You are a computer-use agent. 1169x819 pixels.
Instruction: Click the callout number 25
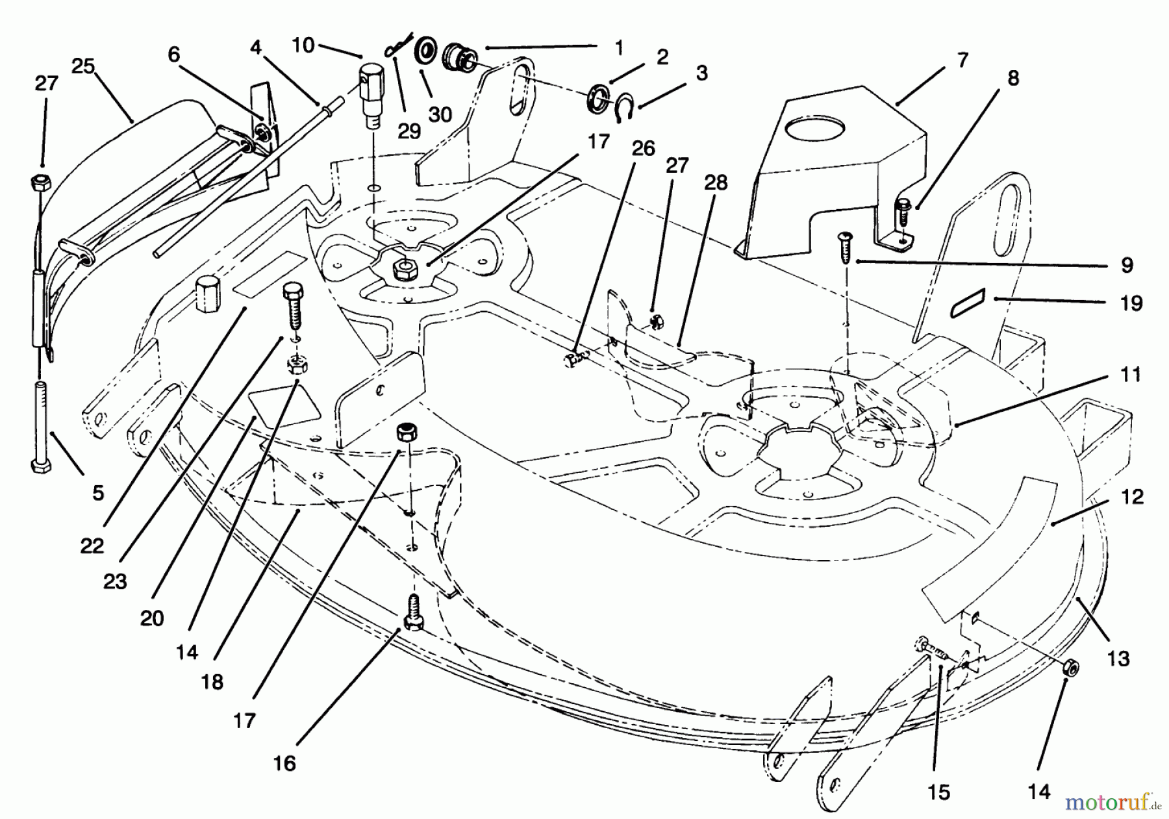click(82, 66)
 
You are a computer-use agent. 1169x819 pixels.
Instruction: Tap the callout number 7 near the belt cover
click(962, 60)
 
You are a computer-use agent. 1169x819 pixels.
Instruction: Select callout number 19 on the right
click(1131, 303)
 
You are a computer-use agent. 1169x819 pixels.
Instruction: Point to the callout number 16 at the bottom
click(284, 762)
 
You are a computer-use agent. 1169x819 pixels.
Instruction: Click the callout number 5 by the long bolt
click(98, 492)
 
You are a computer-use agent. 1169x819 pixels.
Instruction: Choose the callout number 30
click(440, 114)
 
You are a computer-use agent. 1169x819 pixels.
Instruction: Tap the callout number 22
click(92, 545)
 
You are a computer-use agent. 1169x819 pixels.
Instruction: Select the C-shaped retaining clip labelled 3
click(624, 107)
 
